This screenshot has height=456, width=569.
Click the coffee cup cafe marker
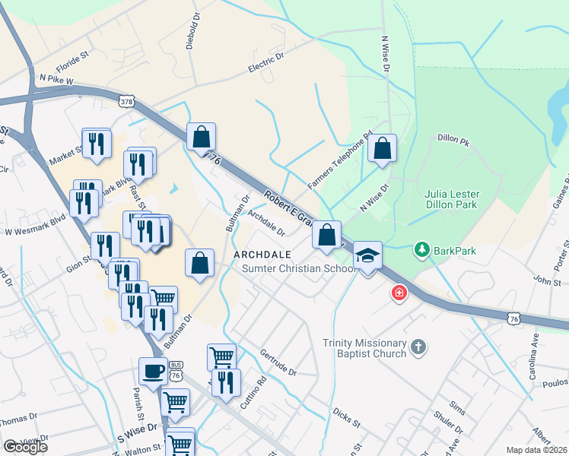point(153,372)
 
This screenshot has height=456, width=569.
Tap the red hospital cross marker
point(399,293)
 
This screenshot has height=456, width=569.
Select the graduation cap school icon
point(367,255)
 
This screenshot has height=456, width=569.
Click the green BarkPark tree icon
point(420,249)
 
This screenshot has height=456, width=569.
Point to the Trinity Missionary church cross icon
point(417,348)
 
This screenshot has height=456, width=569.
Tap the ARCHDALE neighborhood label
point(261,254)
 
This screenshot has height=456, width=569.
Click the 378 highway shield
point(128,100)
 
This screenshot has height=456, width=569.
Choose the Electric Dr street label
point(265,62)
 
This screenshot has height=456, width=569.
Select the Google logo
point(24,447)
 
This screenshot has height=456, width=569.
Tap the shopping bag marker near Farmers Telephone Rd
point(383,149)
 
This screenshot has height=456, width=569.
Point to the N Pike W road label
point(56,79)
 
